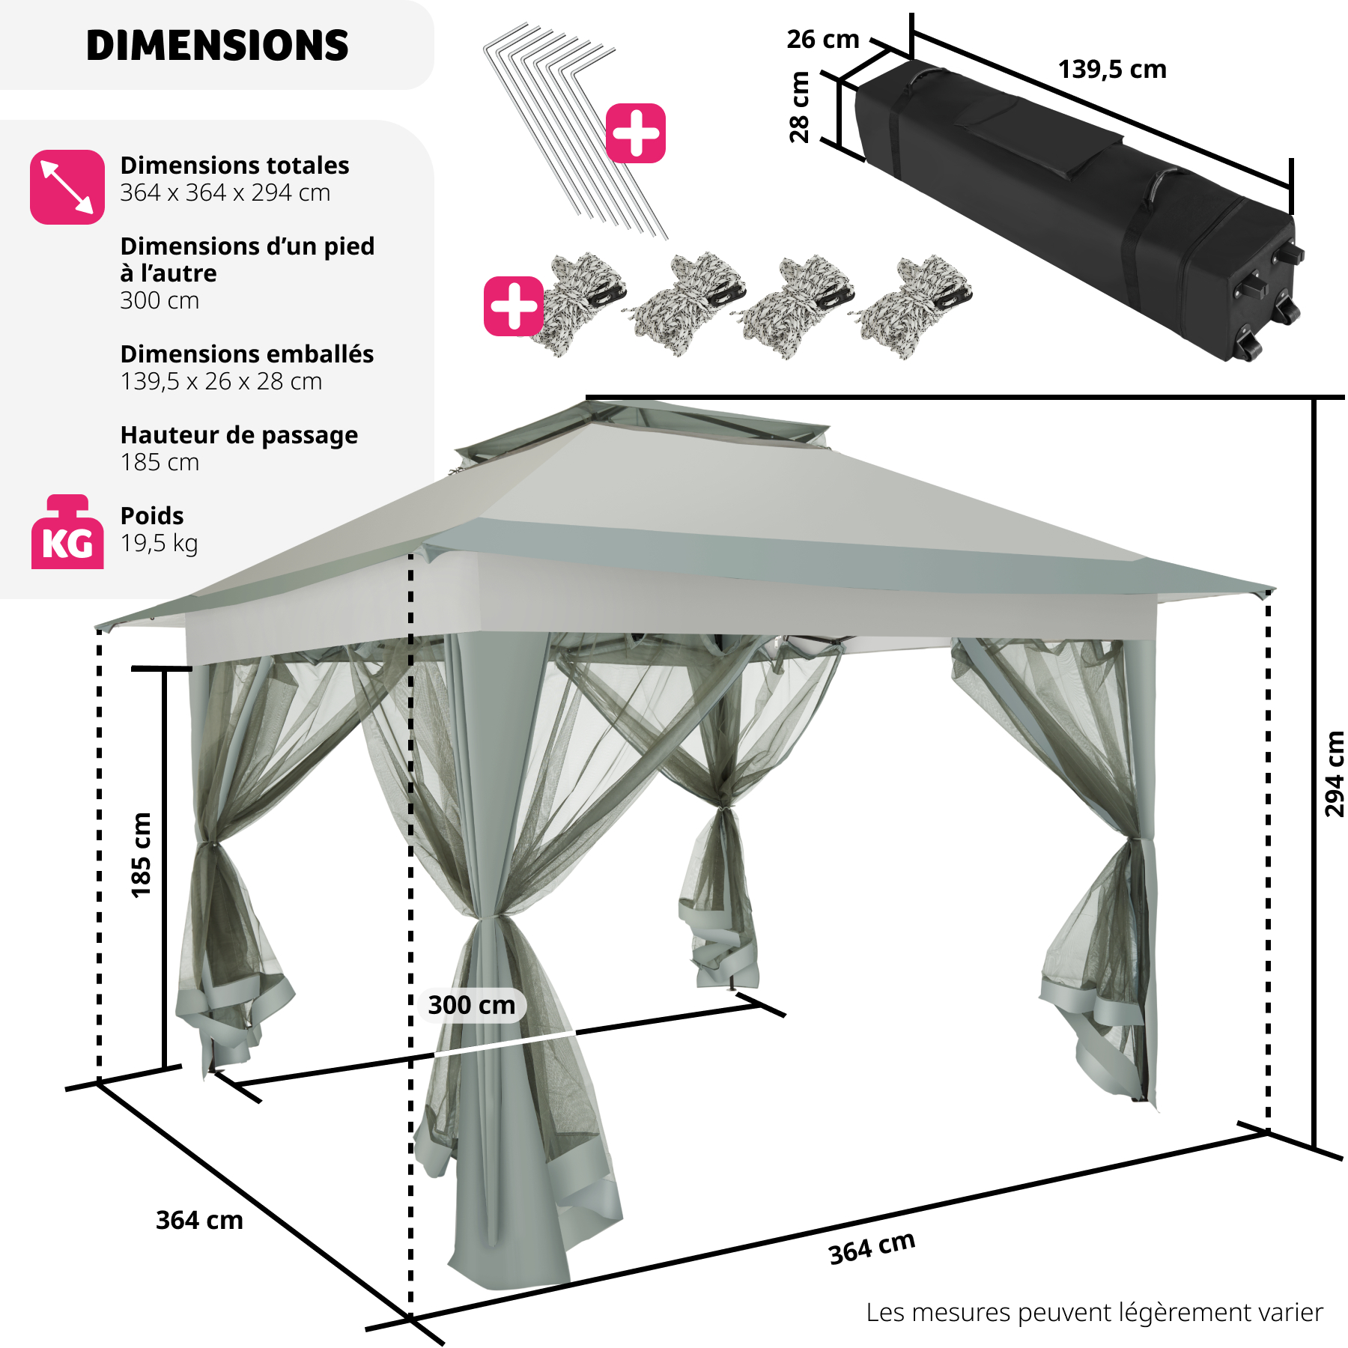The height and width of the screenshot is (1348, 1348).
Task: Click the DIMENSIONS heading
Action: [x=217, y=46]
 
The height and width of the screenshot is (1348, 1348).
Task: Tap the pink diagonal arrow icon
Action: [x=67, y=186]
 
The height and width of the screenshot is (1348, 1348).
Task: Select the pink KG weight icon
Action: [x=67, y=533]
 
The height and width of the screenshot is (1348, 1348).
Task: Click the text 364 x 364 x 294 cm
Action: [x=225, y=193]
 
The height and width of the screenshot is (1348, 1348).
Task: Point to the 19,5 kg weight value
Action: [x=159, y=544]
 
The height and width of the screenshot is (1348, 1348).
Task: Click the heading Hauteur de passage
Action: [x=239, y=435]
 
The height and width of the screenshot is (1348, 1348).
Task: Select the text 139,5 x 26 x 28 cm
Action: [x=221, y=382]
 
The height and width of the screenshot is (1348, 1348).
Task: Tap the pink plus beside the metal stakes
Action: [x=636, y=133]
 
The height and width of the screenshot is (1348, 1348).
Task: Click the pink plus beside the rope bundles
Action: [x=514, y=306]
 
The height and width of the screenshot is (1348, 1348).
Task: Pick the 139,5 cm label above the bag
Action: [x=1112, y=70]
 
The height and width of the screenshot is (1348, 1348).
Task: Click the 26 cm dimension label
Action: [x=822, y=40]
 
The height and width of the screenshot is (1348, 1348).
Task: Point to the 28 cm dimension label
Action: [x=800, y=106]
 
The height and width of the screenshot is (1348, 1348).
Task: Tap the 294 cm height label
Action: [x=1334, y=773]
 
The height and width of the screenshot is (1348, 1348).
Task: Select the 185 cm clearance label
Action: [x=141, y=854]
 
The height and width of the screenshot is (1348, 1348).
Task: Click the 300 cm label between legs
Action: [x=472, y=1005]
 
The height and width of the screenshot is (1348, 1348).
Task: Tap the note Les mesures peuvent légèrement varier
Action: [x=1094, y=1312]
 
